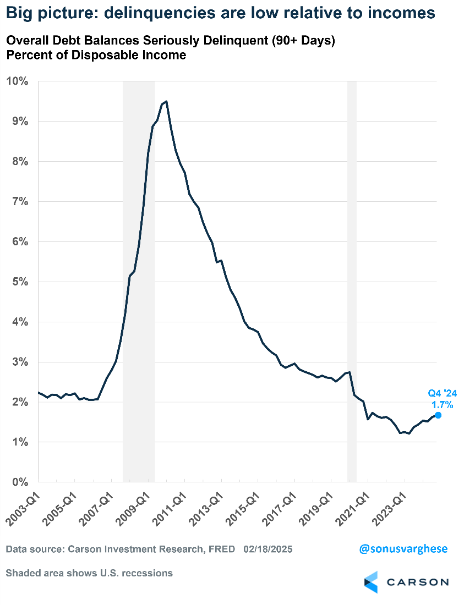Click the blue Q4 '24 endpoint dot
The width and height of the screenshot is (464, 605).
438,415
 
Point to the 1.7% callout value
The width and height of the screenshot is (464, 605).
442,405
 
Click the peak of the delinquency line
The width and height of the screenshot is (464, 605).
166,101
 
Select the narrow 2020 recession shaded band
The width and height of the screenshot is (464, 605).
352,275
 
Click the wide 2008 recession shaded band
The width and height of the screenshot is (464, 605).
139,275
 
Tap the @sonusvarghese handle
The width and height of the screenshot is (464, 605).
403,549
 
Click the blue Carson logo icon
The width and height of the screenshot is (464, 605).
372,582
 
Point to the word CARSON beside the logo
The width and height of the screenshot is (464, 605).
417,582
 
